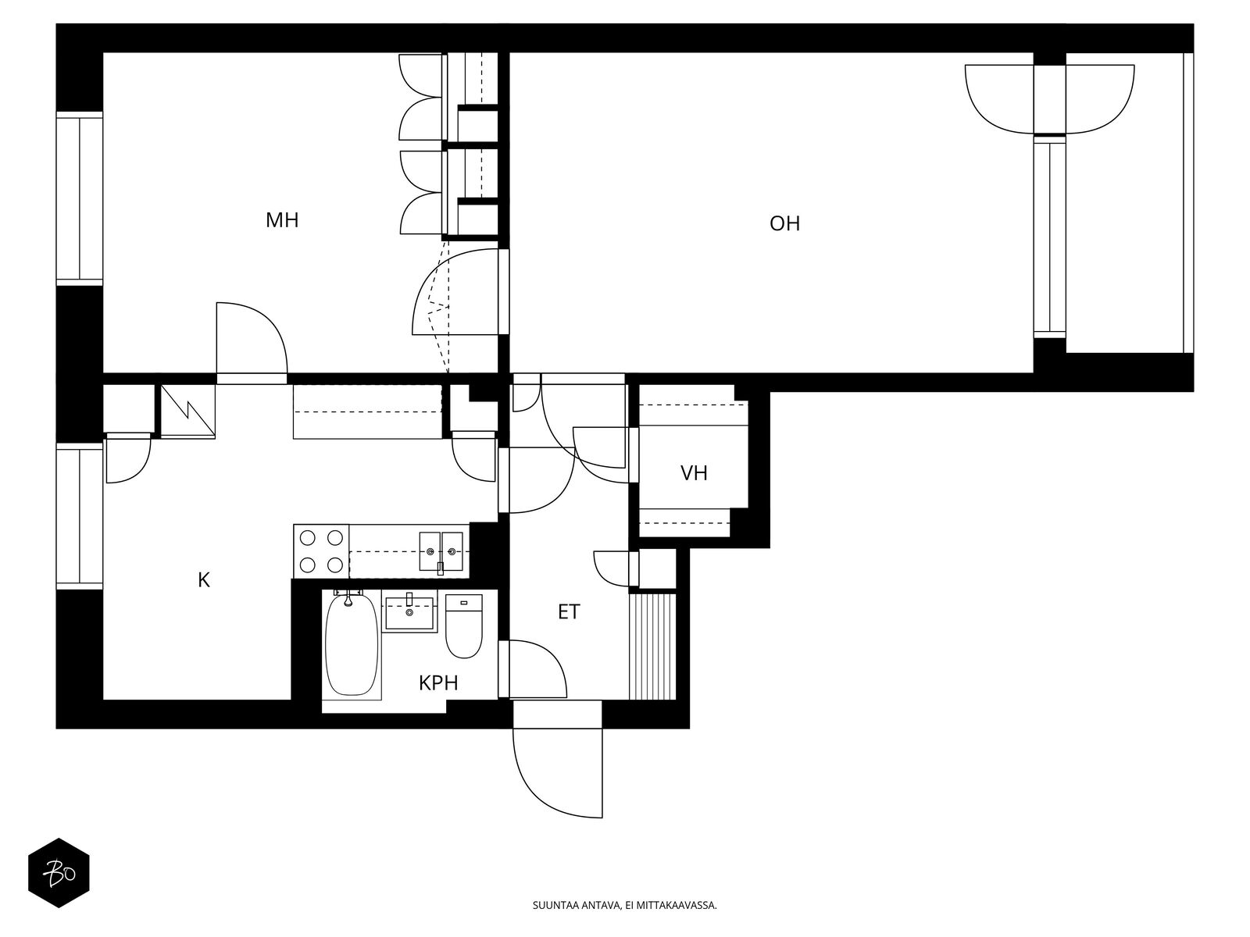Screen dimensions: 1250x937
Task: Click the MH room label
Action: coord(282,220)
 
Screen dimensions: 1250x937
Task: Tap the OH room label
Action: coord(784,223)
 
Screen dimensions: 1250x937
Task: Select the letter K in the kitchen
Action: coord(203,579)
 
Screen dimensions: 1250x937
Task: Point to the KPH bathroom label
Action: coord(438,682)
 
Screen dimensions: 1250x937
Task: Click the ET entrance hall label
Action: coord(568,611)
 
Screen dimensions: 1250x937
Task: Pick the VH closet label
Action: coord(694,472)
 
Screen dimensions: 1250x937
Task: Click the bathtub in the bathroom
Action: coord(352,644)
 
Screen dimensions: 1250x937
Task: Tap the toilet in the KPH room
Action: coord(463,625)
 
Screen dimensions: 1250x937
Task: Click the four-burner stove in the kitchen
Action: coord(321,550)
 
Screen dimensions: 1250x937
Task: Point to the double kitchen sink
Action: coord(441,551)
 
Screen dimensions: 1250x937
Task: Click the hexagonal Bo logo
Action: coord(59,873)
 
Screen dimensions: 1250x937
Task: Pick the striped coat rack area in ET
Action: coord(652,647)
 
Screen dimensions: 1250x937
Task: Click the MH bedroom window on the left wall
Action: coord(79,198)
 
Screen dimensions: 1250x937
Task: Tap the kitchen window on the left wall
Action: coord(79,517)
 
